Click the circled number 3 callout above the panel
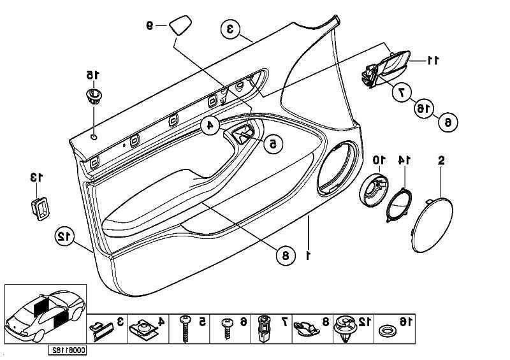[x=231, y=29]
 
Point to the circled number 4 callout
[x=209, y=126]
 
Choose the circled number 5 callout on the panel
[x=272, y=144]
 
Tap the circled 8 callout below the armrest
[x=285, y=256]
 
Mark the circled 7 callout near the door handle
[x=402, y=92]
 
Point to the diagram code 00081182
[x=68, y=350]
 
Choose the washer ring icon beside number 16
[x=386, y=331]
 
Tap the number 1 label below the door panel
[x=309, y=255]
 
